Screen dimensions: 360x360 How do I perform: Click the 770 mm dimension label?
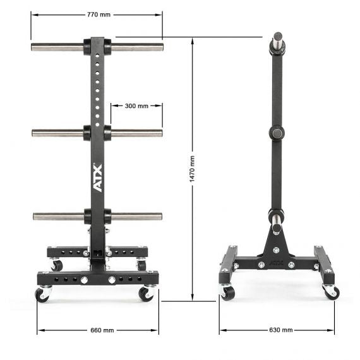tap(99, 15)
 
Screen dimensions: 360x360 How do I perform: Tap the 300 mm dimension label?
tap(136, 106)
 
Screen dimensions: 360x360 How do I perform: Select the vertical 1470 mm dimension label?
tap(192, 169)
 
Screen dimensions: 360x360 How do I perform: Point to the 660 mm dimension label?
tap(102, 330)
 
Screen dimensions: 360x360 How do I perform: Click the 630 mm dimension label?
tap(281, 330)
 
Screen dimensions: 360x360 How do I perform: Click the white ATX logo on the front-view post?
tap(97, 177)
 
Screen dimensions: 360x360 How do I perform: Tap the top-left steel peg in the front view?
tap(57, 47)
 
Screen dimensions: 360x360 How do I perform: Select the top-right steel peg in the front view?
tap(137, 47)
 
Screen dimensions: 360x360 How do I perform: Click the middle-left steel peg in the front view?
tap(57, 133)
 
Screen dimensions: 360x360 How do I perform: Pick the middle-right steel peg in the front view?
tap(136, 133)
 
